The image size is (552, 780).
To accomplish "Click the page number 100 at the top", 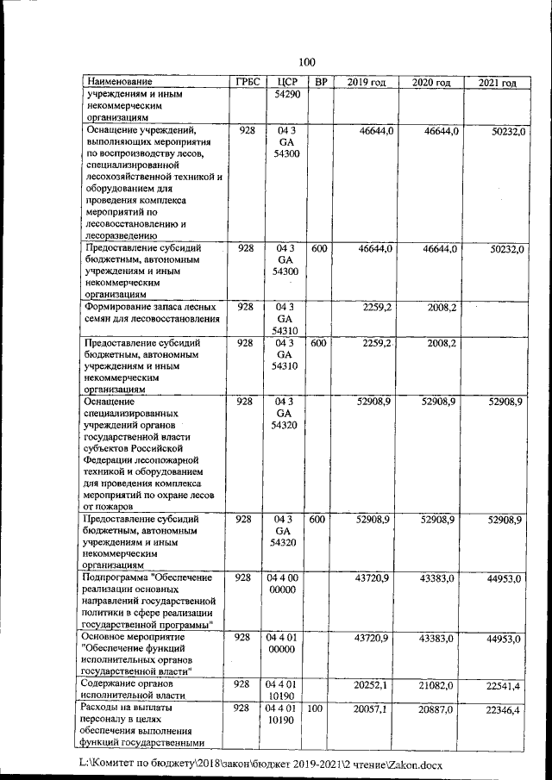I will (307, 61).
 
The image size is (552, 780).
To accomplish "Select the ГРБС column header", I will (247, 82).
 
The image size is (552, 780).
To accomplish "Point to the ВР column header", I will (320, 82).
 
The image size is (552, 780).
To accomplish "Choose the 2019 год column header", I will (366, 82).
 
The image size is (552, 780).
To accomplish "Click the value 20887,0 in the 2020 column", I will (438, 708).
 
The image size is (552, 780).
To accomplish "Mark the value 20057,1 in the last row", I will (372, 708).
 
